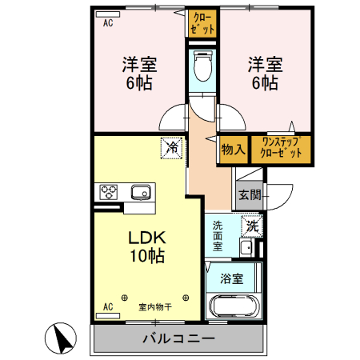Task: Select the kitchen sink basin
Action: coord(141,192)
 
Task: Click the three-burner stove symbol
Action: coord(109,192)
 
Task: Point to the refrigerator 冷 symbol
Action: coord(170,146)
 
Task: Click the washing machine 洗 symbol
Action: coord(252,226)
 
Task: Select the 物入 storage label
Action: coord(233,149)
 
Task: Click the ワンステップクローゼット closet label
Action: coord(282,148)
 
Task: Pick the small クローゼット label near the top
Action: coord(203,23)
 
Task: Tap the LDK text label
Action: coord(146,237)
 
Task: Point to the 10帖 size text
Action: coord(147,256)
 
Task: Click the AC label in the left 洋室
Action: coord(108,23)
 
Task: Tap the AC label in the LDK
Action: coord(108,306)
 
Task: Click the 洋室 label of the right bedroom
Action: coord(262,62)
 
